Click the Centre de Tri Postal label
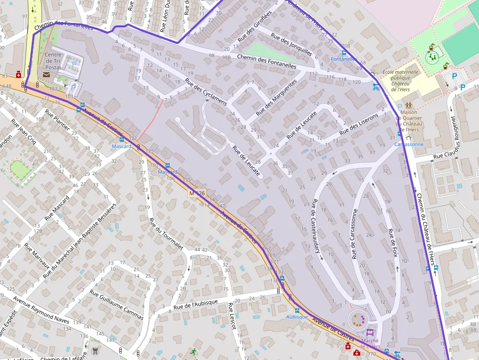pos(53,61)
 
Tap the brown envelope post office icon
pos(46,74)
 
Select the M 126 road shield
pos(197,193)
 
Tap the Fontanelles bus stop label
pos(344,59)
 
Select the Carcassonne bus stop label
pos(409,144)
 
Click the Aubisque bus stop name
pos(297,317)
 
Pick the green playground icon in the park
pos(432,58)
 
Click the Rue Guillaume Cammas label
pos(116,304)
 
